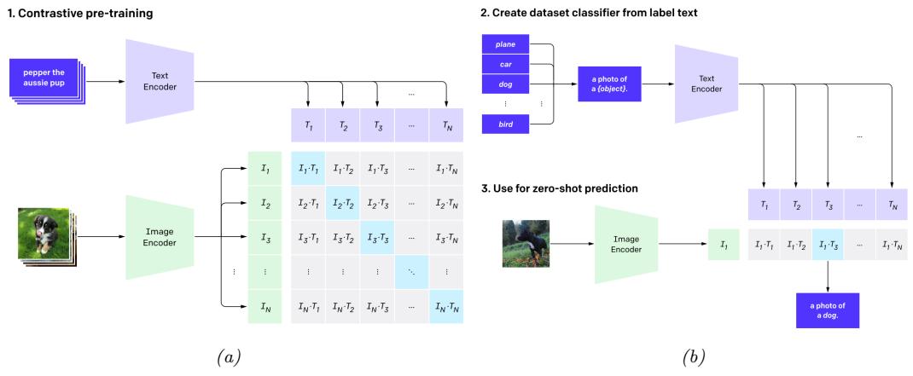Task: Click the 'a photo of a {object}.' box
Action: click(610, 84)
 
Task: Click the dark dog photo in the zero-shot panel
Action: click(526, 244)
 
